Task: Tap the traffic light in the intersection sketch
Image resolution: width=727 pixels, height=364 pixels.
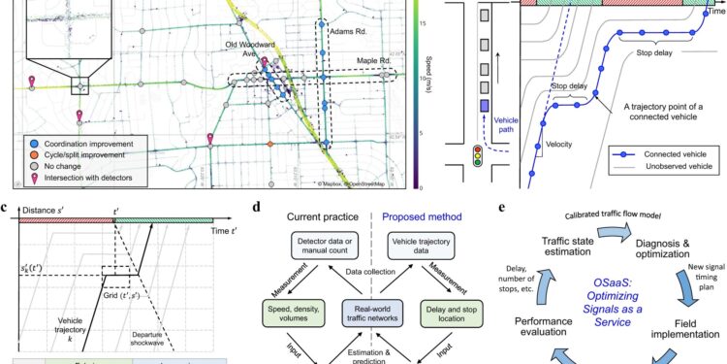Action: (x=476, y=157)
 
